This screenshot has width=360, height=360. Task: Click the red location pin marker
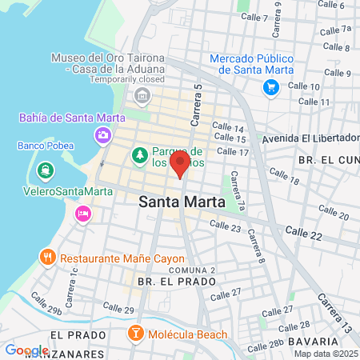point(180,164)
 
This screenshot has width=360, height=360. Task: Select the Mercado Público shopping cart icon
point(271,88)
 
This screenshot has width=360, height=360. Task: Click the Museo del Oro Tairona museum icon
point(143,98)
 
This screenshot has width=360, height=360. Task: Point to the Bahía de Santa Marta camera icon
point(102,135)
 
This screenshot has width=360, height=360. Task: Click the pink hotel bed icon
point(82,214)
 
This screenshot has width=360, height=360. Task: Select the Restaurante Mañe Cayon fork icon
point(47,258)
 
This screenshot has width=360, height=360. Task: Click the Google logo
point(26,350)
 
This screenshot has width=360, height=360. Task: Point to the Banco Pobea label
point(45,146)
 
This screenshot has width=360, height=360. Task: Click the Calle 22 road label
point(305,237)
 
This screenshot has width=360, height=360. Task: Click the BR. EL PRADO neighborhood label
point(176,282)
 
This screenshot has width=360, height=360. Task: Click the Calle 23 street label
point(225,227)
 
